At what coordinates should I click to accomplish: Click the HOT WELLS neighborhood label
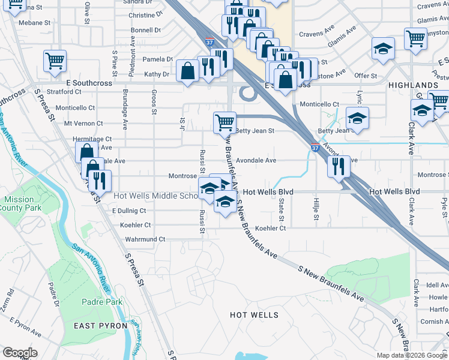coord(255,315)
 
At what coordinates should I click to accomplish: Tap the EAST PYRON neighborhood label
coord(100,325)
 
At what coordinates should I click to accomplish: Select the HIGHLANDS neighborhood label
coord(414,85)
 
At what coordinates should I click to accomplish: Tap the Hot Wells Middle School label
coord(155,196)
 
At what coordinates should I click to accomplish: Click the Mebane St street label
coord(34,23)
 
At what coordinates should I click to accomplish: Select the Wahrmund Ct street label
coord(145,239)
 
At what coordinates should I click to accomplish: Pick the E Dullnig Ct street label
coord(129,211)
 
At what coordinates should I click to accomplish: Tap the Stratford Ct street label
coord(64,92)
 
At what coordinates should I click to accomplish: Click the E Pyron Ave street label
coord(25,331)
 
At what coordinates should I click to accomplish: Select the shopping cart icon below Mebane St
coord(55,60)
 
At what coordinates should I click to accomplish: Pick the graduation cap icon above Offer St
coord(382,48)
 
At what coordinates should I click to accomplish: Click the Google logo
coord(20,353)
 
